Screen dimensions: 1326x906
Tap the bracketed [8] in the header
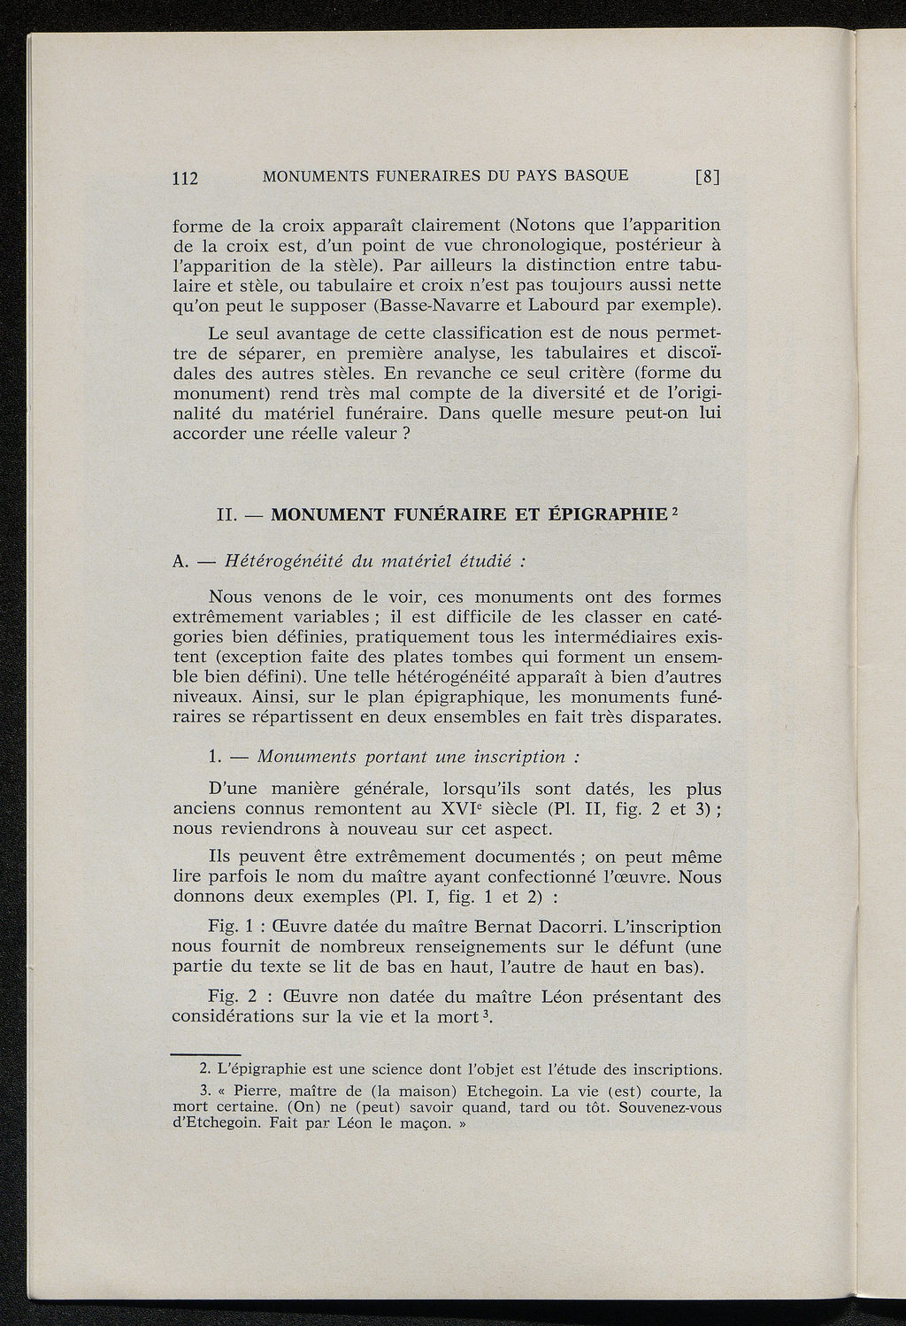708,176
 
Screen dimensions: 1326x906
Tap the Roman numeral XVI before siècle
461,809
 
